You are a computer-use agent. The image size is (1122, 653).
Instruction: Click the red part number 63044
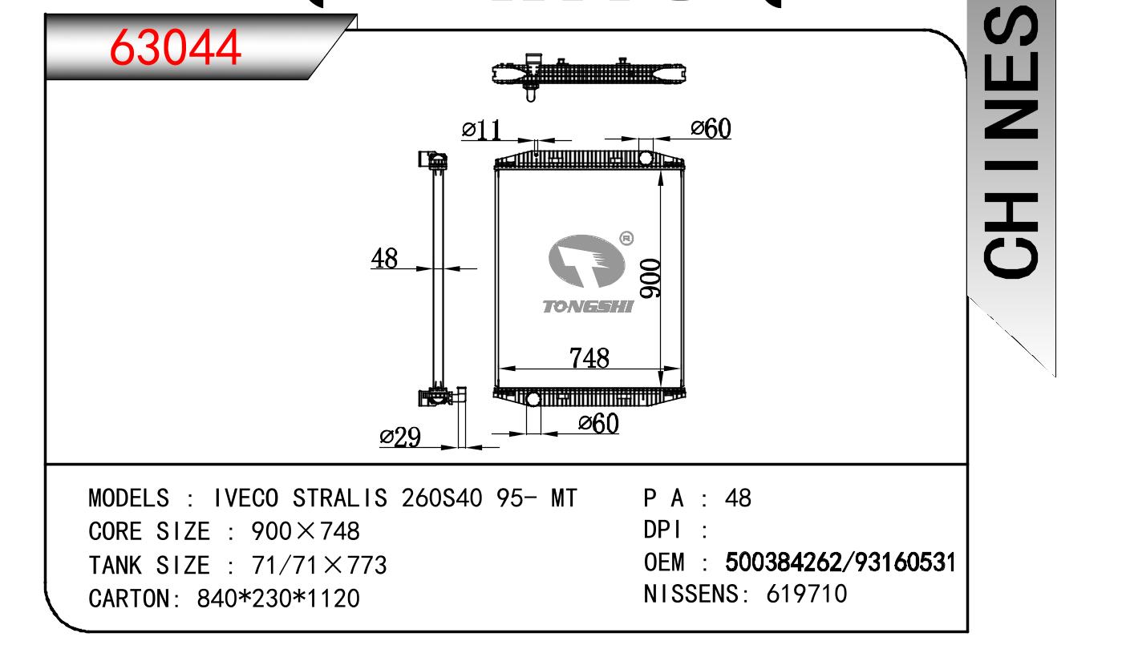click(176, 47)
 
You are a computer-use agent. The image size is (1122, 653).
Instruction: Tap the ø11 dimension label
click(481, 130)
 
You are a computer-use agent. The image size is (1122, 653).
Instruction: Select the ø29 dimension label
click(400, 437)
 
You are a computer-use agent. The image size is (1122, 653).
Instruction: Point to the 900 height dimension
click(650, 279)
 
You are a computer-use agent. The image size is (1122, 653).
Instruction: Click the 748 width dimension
click(589, 358)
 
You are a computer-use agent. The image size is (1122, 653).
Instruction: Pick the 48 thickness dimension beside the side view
click(384, 258)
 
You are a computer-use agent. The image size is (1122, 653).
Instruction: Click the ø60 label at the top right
click(711, 128)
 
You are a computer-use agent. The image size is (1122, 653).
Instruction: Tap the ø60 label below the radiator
click(598, 423)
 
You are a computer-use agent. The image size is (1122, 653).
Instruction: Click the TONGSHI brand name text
click(588, 307)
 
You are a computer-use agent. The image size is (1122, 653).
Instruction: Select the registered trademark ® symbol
click(626, 238)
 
